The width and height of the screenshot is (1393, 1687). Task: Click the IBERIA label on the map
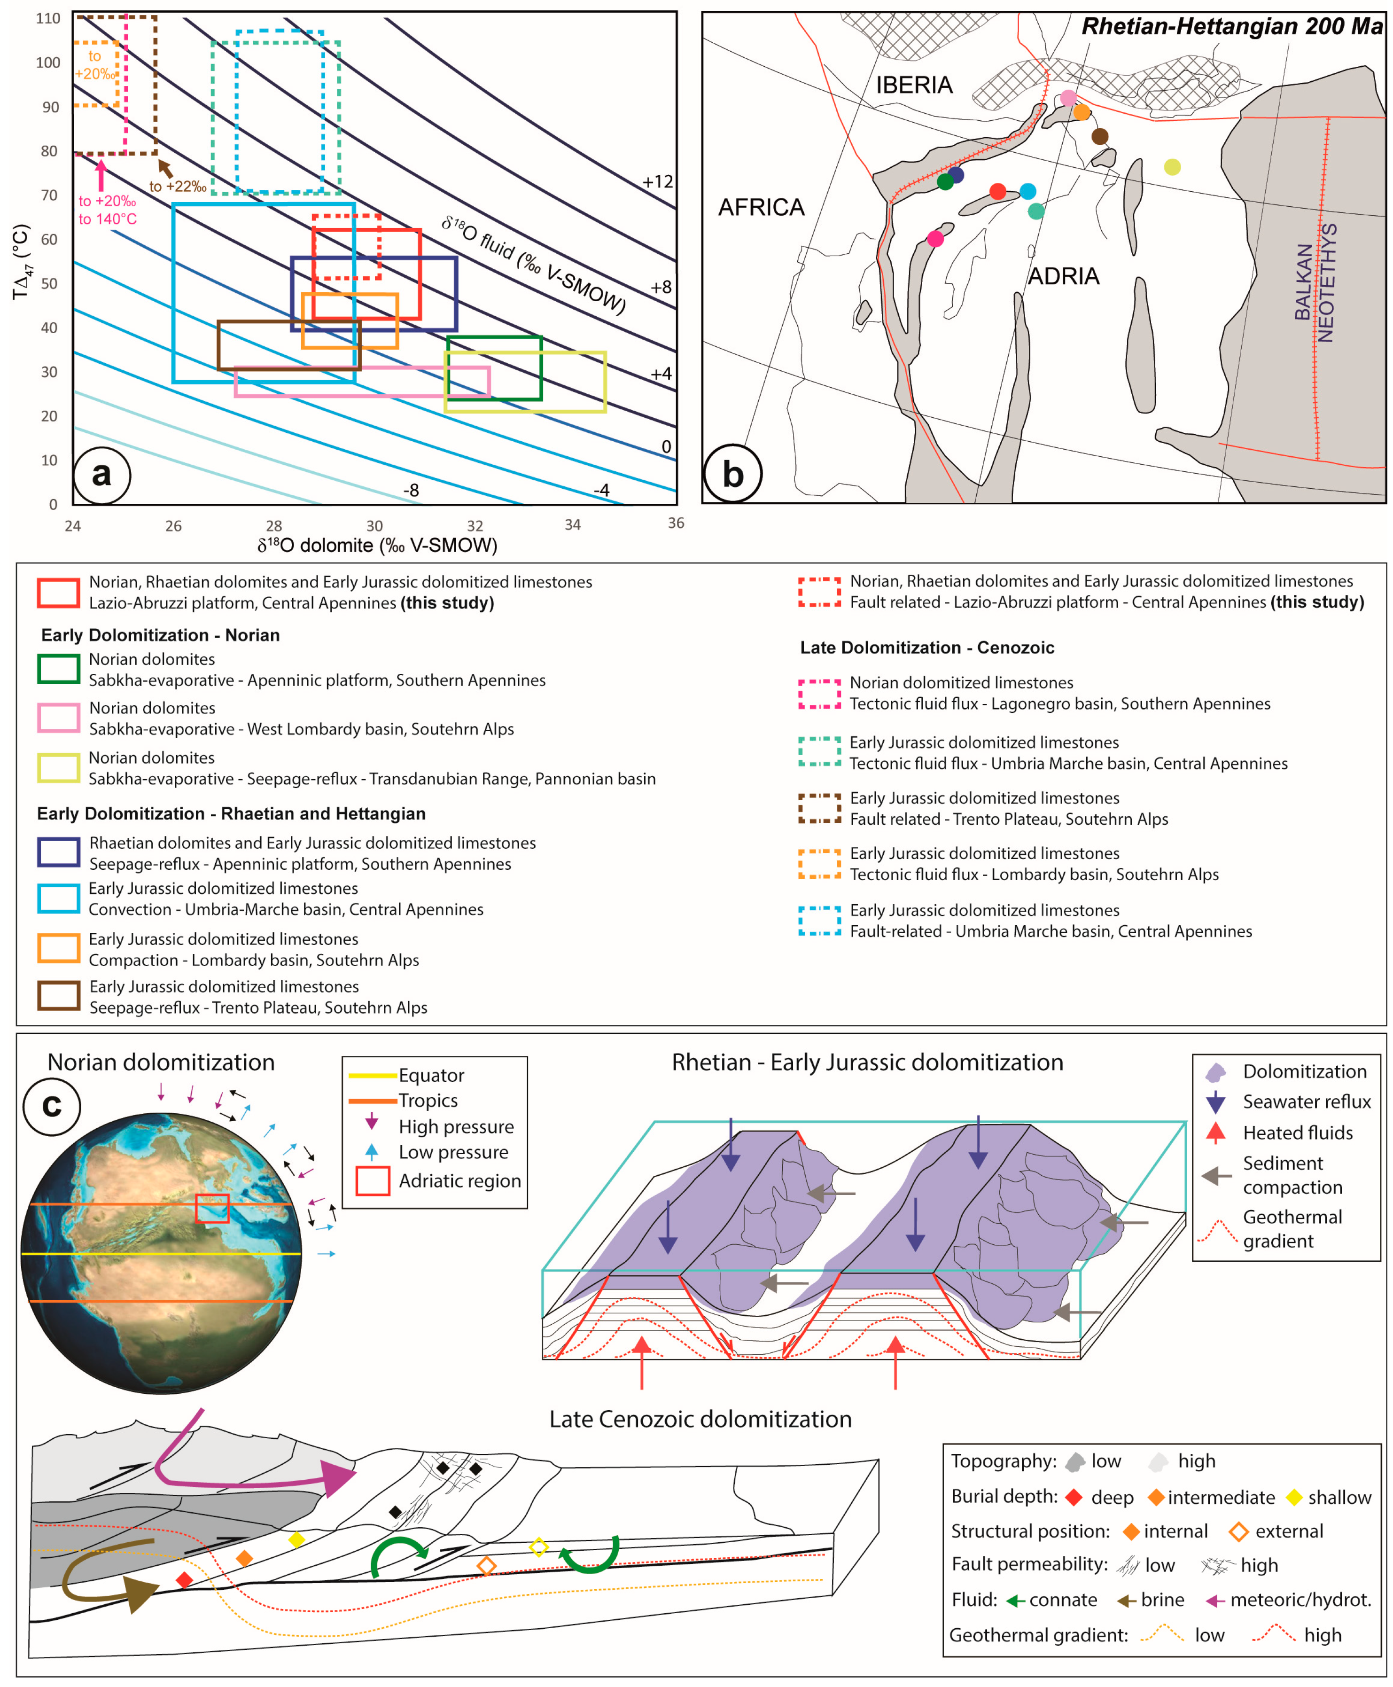(913, 85)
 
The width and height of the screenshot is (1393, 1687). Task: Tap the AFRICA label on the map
(761, 208)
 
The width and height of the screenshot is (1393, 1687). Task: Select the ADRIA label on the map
(1063, 277)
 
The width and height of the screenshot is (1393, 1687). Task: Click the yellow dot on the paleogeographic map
(1172, 167)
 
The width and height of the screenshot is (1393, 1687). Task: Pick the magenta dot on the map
(935, 238)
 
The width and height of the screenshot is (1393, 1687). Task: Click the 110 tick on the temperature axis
(48, 18)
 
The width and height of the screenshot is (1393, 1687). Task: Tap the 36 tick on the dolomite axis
(676, 523)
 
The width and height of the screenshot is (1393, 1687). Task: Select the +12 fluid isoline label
(657, 182)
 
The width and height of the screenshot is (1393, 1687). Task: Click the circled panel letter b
(732, 474)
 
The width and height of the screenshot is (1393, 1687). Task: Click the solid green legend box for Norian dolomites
(59, 669)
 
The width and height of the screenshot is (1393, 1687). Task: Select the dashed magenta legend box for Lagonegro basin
(819, 694)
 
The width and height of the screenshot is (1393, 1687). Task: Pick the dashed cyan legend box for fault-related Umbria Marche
(819, 921)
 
